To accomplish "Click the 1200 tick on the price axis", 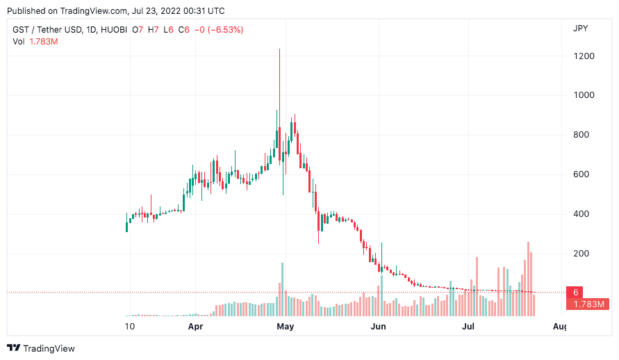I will point(584,56).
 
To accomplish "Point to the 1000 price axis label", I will point(584,95).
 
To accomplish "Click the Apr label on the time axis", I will point(195,326).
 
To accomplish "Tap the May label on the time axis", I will point(285,326).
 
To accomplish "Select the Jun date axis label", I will point(378,326).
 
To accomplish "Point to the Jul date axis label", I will point(468,326).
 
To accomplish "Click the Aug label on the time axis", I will point(559,326).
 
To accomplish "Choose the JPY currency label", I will point(581,28).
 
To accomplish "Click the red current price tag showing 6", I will point(575,292).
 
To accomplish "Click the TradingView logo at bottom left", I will point(41,348).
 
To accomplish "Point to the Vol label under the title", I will point(19,42).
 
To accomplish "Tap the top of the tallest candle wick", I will point(279,49).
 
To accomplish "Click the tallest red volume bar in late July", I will point(528,278).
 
